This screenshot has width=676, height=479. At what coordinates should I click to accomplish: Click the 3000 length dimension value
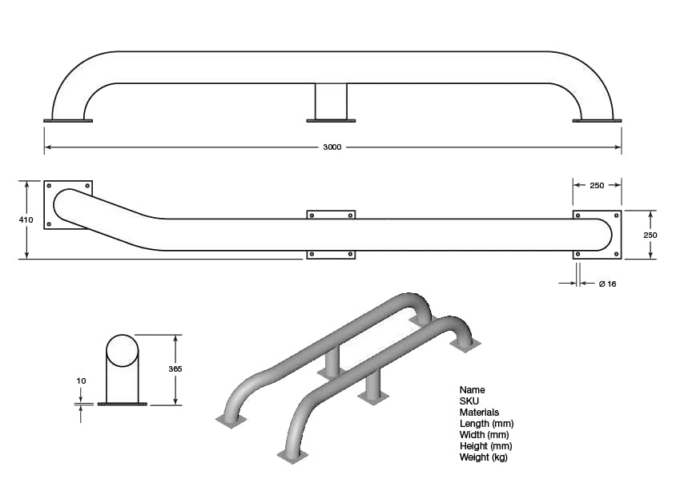coord(332,147)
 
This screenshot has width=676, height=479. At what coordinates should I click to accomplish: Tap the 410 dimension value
coord(26,219)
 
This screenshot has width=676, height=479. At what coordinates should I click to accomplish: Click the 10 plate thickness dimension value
coord(81,381)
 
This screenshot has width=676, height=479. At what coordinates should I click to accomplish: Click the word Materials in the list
coord(479,413)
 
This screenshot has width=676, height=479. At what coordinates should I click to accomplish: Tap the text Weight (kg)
coord(484,457)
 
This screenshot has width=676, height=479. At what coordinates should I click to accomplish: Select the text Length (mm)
coord(487,424)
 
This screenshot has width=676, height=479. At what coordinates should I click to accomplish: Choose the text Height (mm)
coord(486,446)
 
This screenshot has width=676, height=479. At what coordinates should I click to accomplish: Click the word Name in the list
coord(473,390)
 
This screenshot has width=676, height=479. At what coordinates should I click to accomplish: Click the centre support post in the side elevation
coord(331,101)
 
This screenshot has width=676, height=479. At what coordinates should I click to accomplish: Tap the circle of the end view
coord(123,350)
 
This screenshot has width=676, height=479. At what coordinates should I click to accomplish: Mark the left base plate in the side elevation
coord(68,121)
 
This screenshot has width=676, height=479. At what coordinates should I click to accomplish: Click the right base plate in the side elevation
coord(597,121)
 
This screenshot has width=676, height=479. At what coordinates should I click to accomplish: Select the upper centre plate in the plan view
coord(331,215)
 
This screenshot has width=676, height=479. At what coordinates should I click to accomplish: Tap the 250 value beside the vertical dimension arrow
coord(650,235)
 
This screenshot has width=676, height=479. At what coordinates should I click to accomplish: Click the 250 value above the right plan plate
coord(597,185)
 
